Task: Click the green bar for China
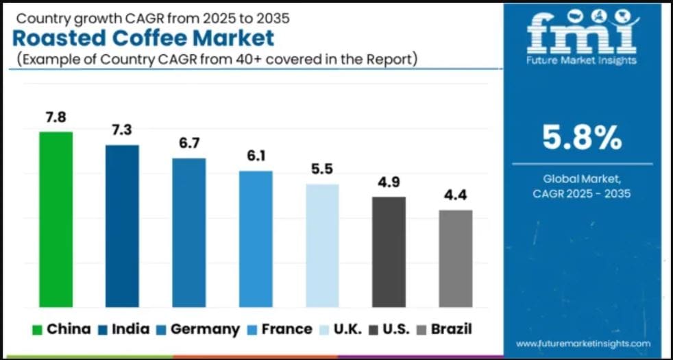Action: pos(56,219)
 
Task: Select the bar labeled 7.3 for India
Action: pos(122,226)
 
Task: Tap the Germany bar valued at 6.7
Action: pos(188,232)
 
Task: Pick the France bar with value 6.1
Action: pos(256,239)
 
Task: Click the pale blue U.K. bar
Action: pos(322,245)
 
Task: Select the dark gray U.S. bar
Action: pos(389,252)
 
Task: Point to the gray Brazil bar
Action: pos(456,258)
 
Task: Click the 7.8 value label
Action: pos(56,117)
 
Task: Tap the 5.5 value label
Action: pos(322,169)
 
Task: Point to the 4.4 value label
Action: pos(456,195)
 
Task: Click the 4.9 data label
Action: pos(389,182)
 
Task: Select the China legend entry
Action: pos(61,329)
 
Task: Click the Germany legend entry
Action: pos(198,329)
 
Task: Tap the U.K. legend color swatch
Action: pos(326,330)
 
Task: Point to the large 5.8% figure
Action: pos(582,138)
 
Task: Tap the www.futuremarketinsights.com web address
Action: pos(583,343)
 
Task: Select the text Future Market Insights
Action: pos(582,60)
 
